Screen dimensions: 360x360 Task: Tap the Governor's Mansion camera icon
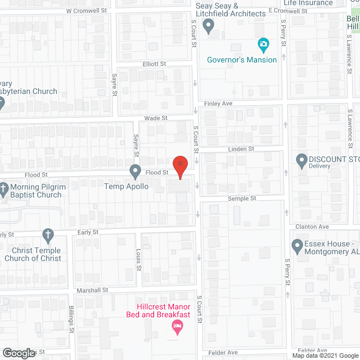pyautogui.click(x=263, y=44)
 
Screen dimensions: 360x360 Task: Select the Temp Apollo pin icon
pyautogui.click(x=135, y=170)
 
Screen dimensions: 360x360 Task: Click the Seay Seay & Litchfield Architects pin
pyautogui.click(x=208, y=25)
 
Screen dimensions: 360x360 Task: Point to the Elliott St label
pyautogui.click(x=154, y=64)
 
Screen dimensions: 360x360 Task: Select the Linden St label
pyautogui.click(x=241, y=149)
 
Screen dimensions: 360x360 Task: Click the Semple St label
pyautogui.click(x=242, y=199)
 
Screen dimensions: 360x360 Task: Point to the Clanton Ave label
pyautogui.click(x=312, y=227)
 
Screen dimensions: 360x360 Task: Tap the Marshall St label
pyautogui.click(x=93, y=290)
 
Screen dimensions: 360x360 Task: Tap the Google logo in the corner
pyautogui.click(x=18, y=353)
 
